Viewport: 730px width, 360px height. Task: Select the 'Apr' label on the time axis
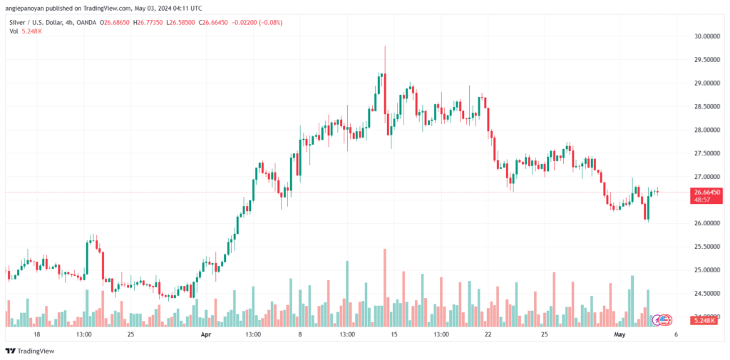[206, 334]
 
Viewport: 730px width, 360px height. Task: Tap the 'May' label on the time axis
[619, 334]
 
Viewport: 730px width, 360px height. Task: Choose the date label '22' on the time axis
[488, 334]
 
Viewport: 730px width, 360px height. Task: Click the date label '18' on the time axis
[36, 334]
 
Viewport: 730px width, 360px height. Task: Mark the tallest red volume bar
[385, 285]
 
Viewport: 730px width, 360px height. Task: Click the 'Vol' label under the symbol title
[14, 31]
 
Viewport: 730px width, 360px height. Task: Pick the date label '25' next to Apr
[130, 334]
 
